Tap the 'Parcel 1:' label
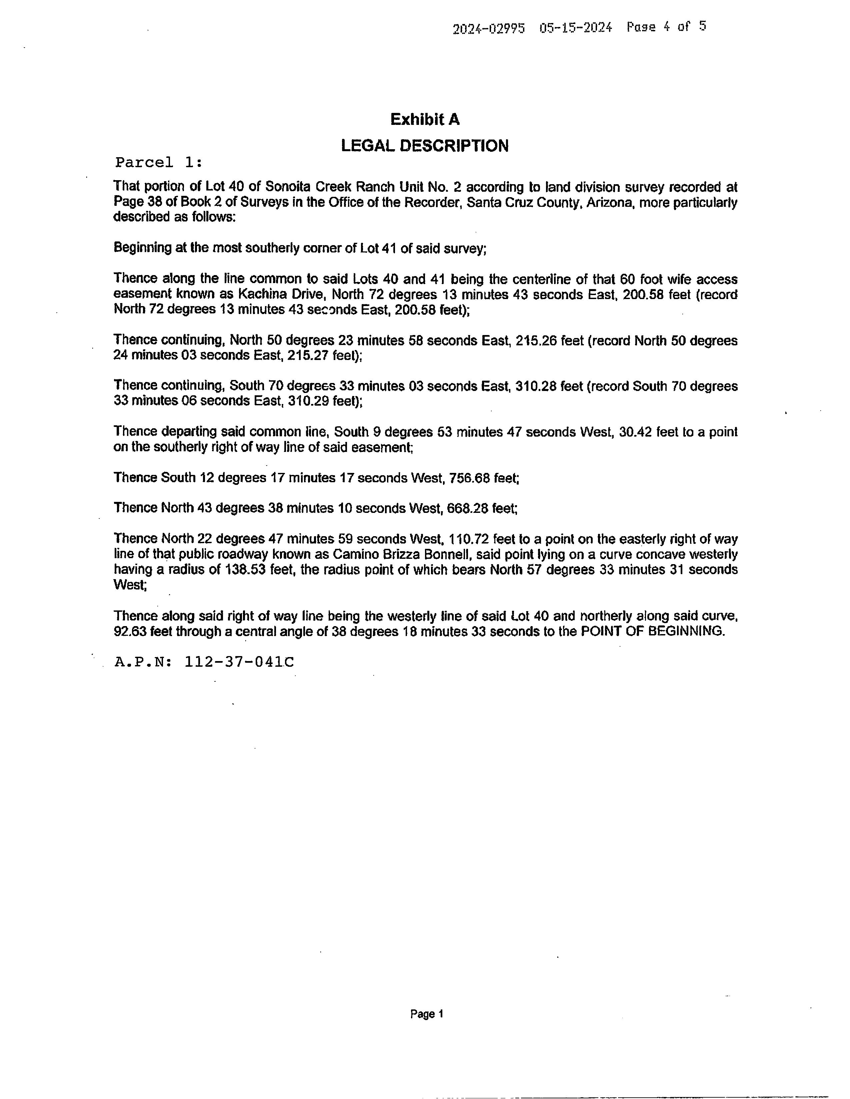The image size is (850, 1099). [x=159, y=163]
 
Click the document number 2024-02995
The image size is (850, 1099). [x=488, y=29]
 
